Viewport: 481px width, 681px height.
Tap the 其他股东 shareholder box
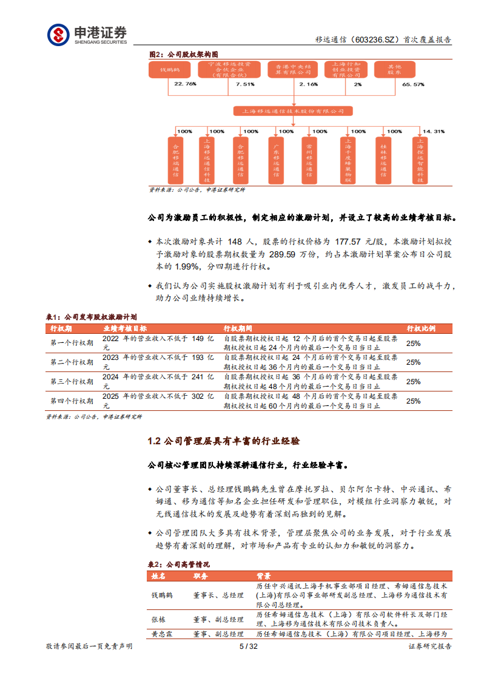click(394, 70)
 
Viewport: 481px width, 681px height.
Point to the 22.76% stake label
click(185, 84)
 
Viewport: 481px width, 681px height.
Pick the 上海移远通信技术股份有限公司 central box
click(293, 111)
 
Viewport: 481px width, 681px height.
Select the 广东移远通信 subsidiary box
click(277, 160)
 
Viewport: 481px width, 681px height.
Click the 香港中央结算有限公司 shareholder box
click(292, 70)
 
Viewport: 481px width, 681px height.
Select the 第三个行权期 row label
click(72, 381)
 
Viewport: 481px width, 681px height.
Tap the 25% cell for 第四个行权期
click(413, 401)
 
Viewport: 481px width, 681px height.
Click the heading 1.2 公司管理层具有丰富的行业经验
click(224, 441)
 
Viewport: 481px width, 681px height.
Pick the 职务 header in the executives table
click(201, 575)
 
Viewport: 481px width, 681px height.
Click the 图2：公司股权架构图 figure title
click(183, 54)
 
